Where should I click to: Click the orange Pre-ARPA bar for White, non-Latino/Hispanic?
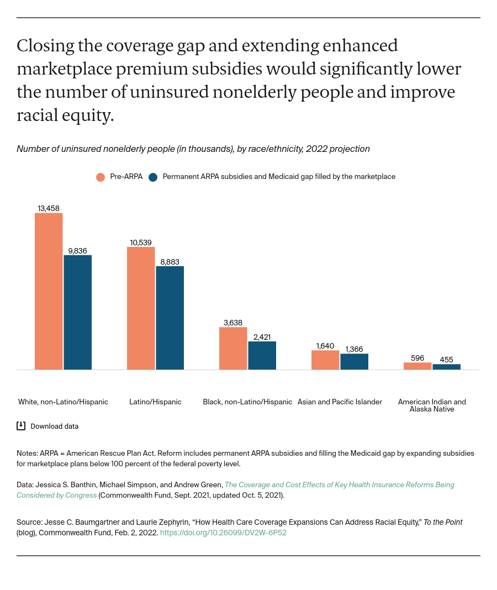pyautogui.click(x=49, y=291)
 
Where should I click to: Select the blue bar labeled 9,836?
pyautogui.click(x=77, y=312)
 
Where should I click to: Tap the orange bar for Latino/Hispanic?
pyautogui.click(x=141, y=308)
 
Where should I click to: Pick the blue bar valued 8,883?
pyautogui.click(x=170, y=318)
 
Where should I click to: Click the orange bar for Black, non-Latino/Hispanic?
pyautogui.click(x=233, y=348)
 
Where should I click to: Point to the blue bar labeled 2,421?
pyautogui.click(x=262, y=355)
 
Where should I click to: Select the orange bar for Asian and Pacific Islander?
pyautogui.click(x=325, y=360)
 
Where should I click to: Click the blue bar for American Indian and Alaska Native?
pyautogui.click(x=446, y=367)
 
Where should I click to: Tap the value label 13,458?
pyautogui.click(x=49, y=208)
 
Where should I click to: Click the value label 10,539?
pyautogui.click(x=141, y=243)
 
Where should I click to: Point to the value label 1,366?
pyautogui.click(x=354, y=349)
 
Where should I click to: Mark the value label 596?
pyautogui.click(x=417, y=358)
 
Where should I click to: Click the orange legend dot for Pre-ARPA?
pyautogui.click(x=101, y=177)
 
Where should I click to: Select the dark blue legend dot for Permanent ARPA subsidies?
pyautogui.click(x=153, y=177)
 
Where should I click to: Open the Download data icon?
pyautogui.click(x=21, y=426)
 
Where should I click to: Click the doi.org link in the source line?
pyautogui.click(x=223, y=533)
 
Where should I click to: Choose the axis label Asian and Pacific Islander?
pyautogui.click(x=340, y=402)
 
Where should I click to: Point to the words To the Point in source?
pyautogui.click(x=443, y=522)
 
